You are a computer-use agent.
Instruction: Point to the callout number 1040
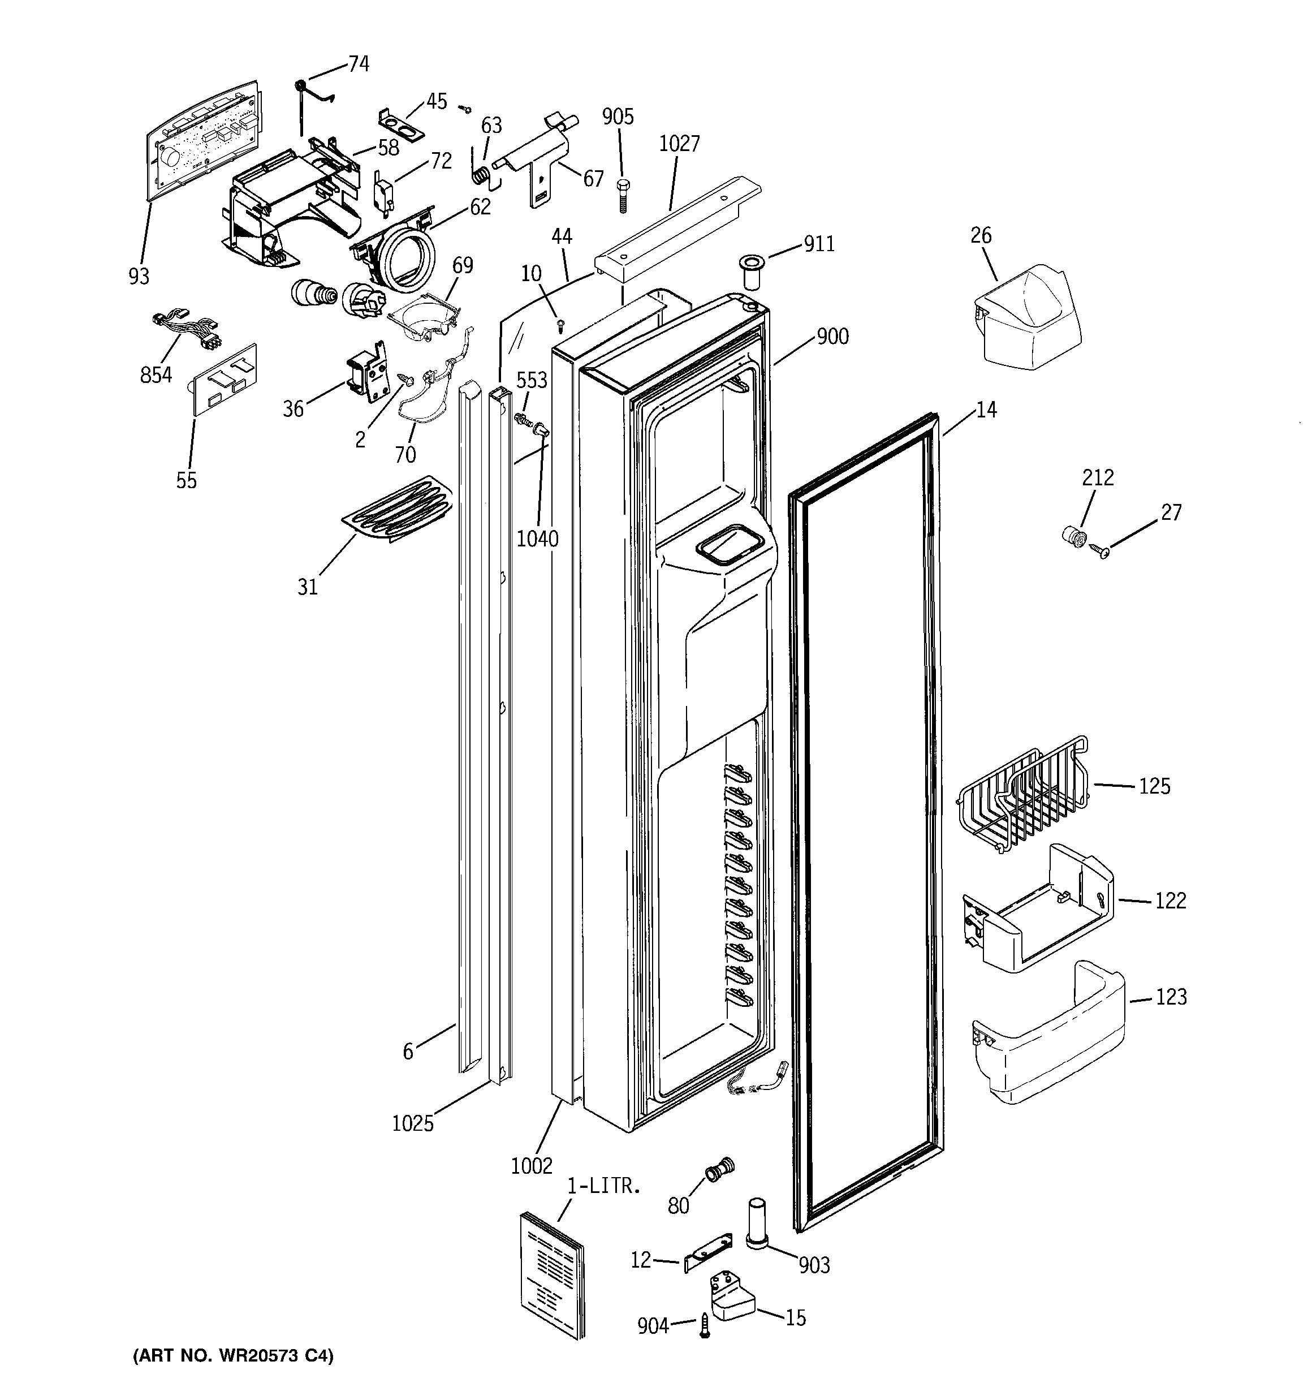[x=537, y=539]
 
